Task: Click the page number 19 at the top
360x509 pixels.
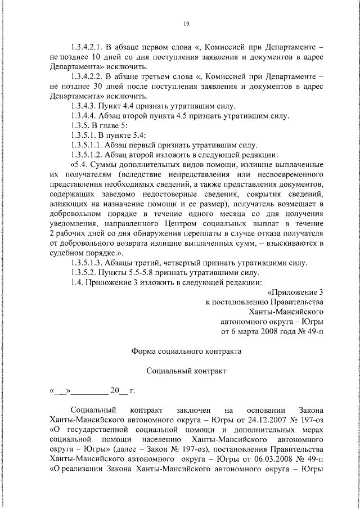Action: point(185,23)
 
